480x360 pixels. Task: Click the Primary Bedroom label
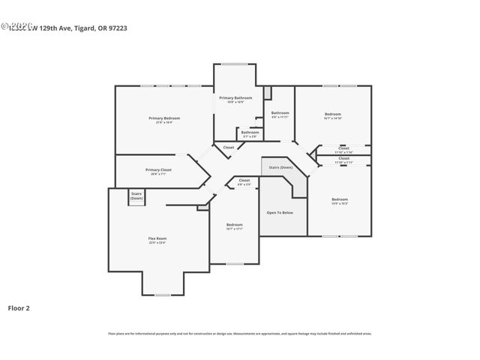(x=163, y=118)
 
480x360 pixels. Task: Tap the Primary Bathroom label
(x=235, y=97)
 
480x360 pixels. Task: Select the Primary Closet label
(x=158, y=169)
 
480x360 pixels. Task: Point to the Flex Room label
(x=157, y=238)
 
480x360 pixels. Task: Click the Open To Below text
(x=280, y=212)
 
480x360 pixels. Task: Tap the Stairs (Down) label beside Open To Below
(x=281, y=167)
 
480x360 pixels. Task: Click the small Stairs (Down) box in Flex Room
(x=136, y=195)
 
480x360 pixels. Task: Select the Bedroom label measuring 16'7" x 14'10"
(x=332, y=114)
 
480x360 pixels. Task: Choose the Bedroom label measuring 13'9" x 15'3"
(x=339, y=199)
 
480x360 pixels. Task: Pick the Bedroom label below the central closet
(x=235, y=225)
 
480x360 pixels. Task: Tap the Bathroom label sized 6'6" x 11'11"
(x=280, y=113)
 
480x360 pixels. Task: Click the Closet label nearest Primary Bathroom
(x=229, y=147)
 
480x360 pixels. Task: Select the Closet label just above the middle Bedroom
(x=244, y=180)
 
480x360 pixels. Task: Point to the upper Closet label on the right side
(x=343, y=148)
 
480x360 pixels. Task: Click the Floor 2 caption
(x=19, y=307)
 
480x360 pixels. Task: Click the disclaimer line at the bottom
(x=240, y=333)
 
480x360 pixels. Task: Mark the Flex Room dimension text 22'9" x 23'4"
(x=157, y=243)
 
